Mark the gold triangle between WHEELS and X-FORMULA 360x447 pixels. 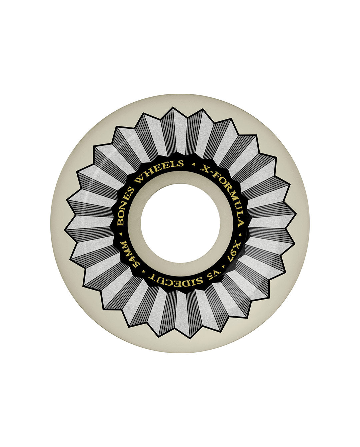[193, 164]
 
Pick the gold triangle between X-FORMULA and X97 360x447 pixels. [240, 235]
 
